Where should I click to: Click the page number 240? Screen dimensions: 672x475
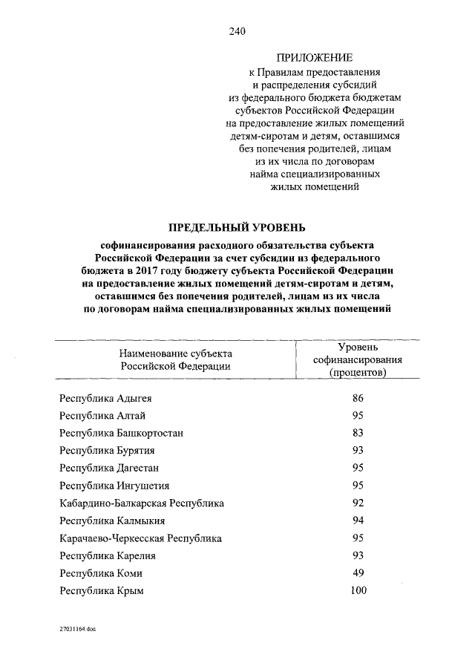click(237, 31)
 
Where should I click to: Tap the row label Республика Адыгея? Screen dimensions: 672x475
click(105, 398)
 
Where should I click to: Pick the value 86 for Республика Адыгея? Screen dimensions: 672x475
click(358, 398)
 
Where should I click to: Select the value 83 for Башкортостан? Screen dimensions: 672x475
click(358, 432)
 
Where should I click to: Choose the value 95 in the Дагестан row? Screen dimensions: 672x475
click(358, 468)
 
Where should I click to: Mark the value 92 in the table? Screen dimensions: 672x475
click(358, 503)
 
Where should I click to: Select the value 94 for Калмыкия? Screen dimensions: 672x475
click(358, 521)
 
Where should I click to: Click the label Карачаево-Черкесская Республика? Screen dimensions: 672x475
click(140, 538)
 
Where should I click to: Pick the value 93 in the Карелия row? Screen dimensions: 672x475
click(358, 555)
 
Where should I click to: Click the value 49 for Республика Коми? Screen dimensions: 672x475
click(358, 573)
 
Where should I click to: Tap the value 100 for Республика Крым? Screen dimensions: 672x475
click(358, 591)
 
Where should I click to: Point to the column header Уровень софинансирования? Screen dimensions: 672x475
click(358, 359)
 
